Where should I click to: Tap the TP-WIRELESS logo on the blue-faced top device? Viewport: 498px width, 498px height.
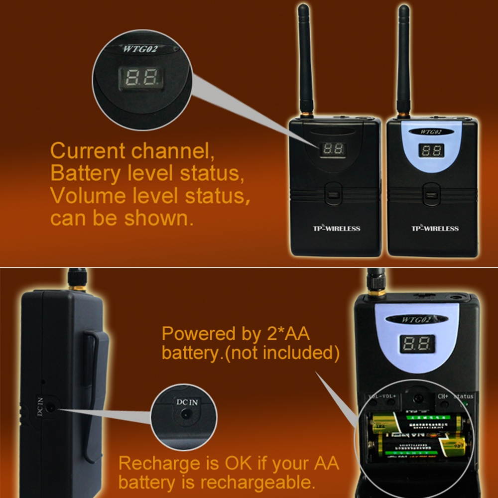(434, 229)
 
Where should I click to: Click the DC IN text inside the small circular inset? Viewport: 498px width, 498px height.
(187, 402)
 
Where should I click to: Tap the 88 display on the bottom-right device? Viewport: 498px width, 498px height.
(417, 344)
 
